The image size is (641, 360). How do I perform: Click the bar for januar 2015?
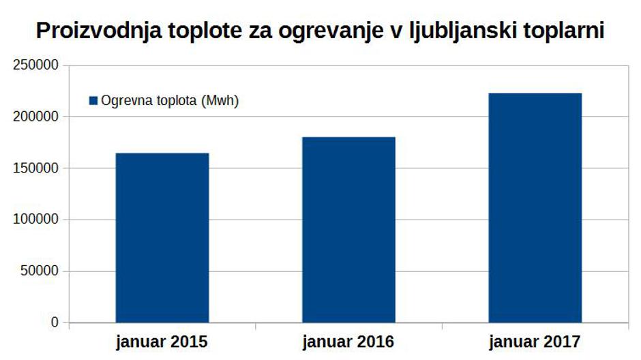click(162, 237)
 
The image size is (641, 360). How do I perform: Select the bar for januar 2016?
click(348, 229)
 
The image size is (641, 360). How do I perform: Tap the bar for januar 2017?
click(535, 207)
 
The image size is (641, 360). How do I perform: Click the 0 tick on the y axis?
click(55, 322)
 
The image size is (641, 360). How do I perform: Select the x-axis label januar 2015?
click(162, 340)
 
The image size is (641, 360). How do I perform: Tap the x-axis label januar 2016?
click(348, 340)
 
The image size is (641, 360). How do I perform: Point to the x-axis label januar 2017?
click(535, 340)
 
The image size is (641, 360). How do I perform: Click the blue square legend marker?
click(94, 101)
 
